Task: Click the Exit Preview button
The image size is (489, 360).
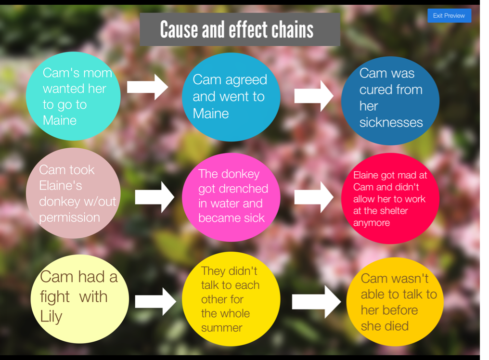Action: click(449, 16)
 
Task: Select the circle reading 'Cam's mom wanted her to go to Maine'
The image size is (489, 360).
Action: click(73, 96)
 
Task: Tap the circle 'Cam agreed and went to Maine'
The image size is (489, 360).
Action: click(231, 97)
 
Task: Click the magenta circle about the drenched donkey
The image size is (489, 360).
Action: click(231, 197)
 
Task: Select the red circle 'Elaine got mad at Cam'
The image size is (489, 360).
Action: click(390, 198)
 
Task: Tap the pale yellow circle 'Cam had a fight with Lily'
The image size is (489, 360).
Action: click(79, 299)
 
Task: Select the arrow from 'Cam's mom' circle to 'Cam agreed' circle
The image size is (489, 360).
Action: click(147, 87)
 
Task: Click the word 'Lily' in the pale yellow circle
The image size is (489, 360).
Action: click(51, 316)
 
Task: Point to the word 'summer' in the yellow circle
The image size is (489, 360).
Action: click(222, 328)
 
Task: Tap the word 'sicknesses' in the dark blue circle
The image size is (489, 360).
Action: click(391, 123)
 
